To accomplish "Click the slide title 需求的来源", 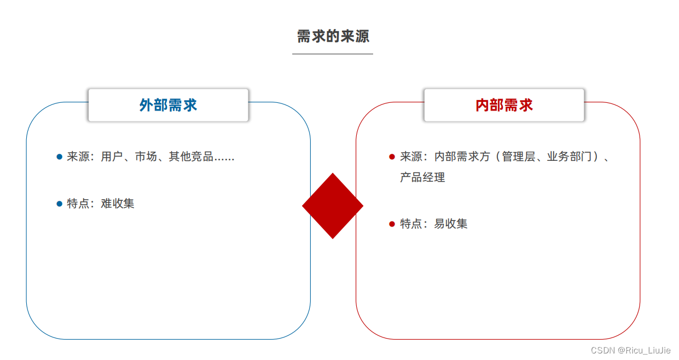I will click(x=333, y=37).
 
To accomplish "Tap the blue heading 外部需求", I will click(x=168, y=105).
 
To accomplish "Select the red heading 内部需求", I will click(x=504, y=105).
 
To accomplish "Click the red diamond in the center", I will click(x=333, y=206).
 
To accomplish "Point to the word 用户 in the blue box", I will click(x=112, y=156).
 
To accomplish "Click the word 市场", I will click(x=146, y=156).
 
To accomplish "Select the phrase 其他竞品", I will click(x=191, y=156).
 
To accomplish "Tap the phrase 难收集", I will click(x=118, y=204).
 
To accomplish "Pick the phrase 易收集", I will click(x=451, y=224).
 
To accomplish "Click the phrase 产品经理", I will click(x=422, y=177).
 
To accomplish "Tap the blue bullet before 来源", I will click(x=60, y=157).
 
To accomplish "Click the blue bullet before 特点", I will click(x=60, y=204).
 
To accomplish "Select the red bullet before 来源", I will click(x=392, y=157).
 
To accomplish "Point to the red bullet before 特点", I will click(x=392, y=224).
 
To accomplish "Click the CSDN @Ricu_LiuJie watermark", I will click(x=631, y=350).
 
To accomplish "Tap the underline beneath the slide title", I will click(x=333, y=54).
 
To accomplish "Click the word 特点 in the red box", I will click(x=411, y=224).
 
